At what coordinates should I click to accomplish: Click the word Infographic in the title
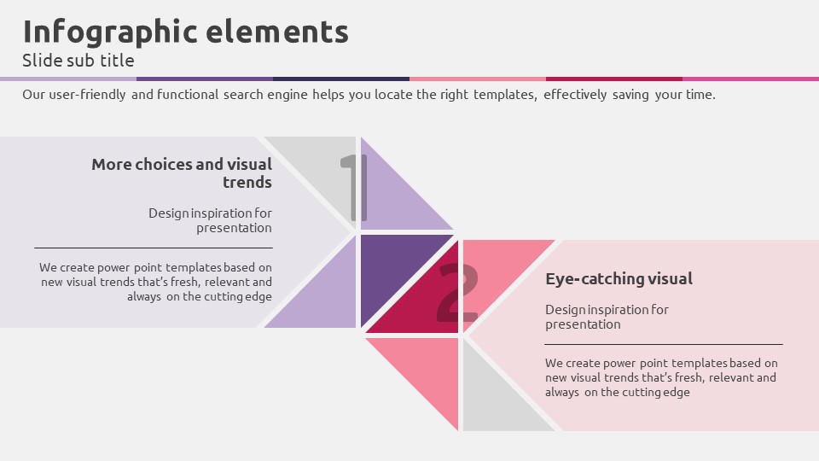click(110, 32)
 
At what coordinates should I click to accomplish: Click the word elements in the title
click(276, 32)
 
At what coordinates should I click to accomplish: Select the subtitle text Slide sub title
click(78, 60)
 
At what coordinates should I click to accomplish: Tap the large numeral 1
click(354, 188)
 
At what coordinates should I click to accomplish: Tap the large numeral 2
click(457, 293)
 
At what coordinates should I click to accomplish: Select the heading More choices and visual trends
click(182, 173)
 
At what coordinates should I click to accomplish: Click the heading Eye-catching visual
click(619, 278)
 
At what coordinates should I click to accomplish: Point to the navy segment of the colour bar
click(341, 79)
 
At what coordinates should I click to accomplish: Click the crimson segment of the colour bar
click(614, 79)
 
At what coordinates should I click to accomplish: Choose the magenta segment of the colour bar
click(751, 79)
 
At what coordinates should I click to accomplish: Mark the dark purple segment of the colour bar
click(205, 79)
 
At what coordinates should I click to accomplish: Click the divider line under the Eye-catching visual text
click(664, 344)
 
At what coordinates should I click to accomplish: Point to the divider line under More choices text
click(154, 248)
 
